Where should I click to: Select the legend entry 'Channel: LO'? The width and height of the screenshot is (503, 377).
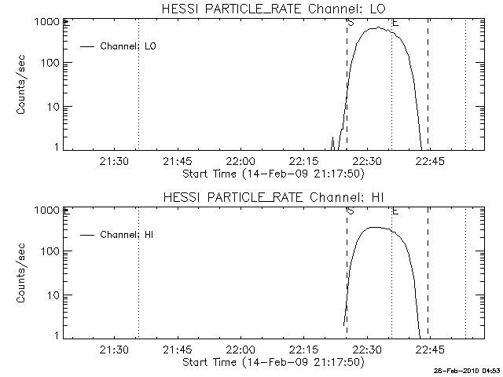pos(129,46)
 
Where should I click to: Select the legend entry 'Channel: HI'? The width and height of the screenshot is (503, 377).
pos(129,234)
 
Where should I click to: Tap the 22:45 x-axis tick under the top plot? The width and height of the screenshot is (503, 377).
pos(428,162)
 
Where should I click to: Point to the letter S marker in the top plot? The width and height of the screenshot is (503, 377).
pos(350,23)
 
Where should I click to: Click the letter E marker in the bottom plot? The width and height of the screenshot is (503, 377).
pos(395,210)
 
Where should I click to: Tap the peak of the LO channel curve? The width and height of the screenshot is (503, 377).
pos(379,28)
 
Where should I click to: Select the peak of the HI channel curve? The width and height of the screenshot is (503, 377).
pos(374,228)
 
